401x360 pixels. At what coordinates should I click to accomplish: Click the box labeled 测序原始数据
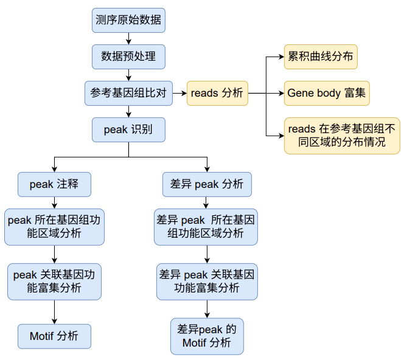pyautogui.click(x=128, y=20)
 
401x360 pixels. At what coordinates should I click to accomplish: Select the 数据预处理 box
pyautogui.click(x=128, y=57)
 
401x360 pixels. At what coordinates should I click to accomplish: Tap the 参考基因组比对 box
pyautogui.click(x=128, y=93)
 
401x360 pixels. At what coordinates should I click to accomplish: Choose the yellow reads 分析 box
pyautogui.click(x=217, y=93)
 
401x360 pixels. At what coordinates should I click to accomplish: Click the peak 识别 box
pyautogui.click(x=128, y=130)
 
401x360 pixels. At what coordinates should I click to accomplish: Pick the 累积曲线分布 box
pyautogui.click(x=321, y=57)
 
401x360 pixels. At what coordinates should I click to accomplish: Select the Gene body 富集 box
pyautogui.click(x=327, y=93)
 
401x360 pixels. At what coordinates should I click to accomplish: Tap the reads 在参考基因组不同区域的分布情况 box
pyautogui.click(x=342, y=135)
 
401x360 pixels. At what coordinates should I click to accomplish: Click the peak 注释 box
pyautogui.click(x=55, y=184)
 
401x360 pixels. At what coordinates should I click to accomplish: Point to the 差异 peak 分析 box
pyautogui.click(x=207, y=184)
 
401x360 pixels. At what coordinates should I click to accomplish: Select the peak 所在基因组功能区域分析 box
pyautogui.click(x=55, y=226)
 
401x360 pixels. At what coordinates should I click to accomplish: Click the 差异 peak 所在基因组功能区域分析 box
pyautogui.click(x=206, y=226)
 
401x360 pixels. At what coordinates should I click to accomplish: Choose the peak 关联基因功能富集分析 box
pyautogui.click(x=55, y=281)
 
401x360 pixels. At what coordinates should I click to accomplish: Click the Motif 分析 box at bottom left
pyautogui.click(x=55, y=336)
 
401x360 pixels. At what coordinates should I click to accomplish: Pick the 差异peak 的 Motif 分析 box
pyautogui.click(x=207, y=336)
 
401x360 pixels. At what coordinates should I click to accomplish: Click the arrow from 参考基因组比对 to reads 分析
pyautogui.click(x=180, y=93)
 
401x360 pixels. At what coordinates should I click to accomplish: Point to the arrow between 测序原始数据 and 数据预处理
pyautogui.click(x=128, y=38)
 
